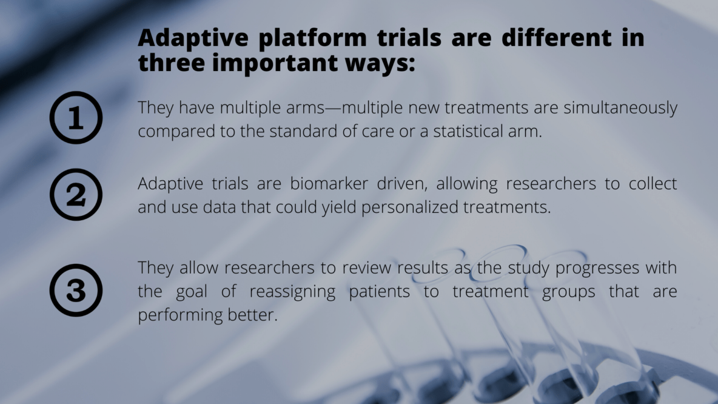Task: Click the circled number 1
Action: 76,118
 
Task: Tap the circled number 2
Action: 76,194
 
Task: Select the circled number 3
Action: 76,290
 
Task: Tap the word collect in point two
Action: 653,184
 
